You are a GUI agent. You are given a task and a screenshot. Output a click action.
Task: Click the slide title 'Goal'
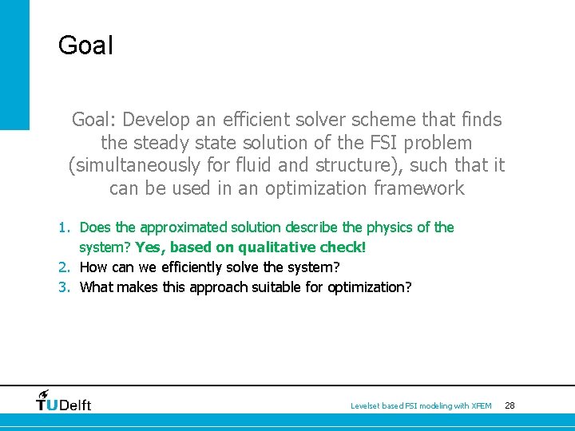click(x=85, y=45)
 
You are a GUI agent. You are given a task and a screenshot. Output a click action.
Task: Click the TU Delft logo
click(x=64, y=401)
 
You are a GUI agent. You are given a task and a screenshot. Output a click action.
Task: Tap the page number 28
click(x=510, y=405)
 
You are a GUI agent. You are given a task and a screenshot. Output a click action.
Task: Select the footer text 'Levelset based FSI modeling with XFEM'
click(x=421, y=406)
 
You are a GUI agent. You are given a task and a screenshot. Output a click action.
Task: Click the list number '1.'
click(x=65, y=227)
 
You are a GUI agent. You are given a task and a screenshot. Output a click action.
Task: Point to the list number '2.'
click(x=65, y=267)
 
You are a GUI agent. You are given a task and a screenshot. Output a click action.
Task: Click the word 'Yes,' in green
click(x=150, y=247)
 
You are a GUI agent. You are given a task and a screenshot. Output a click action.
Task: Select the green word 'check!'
click(x=342, y=247)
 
